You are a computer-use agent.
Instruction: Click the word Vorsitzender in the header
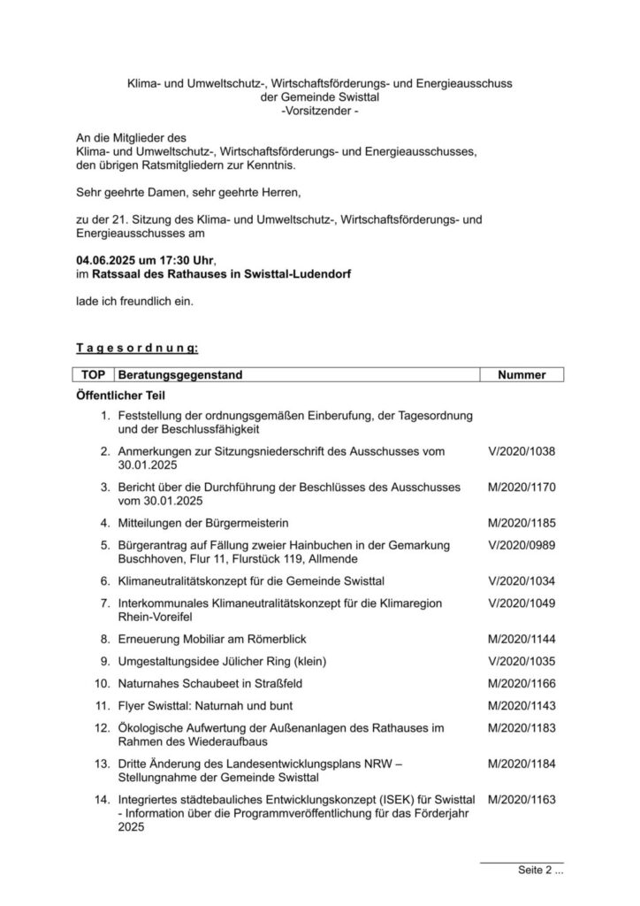[319, 111]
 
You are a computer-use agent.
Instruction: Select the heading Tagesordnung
[136, 349]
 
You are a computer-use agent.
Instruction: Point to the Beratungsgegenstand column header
[180, 375]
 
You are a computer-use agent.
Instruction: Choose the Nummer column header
[522, 375]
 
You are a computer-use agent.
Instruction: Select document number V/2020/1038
[522, 451]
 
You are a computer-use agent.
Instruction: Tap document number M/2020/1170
[522, 487]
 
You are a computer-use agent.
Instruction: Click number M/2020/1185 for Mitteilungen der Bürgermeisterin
[522, 523]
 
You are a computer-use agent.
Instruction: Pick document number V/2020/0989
[522, 547]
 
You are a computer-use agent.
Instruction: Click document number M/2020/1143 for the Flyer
[522, 706]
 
